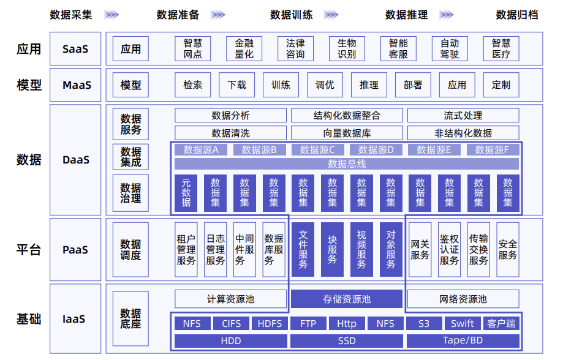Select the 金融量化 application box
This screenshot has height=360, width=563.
pos(244,49)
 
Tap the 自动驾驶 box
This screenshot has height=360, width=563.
pos(449,49)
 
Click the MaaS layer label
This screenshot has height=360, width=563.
pos(77,85)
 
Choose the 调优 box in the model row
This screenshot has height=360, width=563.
pos(325,85)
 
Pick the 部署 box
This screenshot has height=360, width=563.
pos(413,85)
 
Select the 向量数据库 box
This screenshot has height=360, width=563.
pos(346,133)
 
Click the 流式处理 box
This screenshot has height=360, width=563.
pos(463,115)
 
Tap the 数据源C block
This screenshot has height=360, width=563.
pos(317,149)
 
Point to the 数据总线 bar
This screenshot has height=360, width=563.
pos(347,163)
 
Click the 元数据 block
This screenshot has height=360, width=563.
pos(186,192)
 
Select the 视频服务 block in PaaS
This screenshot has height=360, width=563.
pos(361,249)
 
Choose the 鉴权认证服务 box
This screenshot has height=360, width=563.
pos(449,249)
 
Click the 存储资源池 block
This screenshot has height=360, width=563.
pos(347,299)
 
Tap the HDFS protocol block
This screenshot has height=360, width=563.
pos(270,323)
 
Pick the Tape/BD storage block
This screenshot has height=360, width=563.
pos(463,340)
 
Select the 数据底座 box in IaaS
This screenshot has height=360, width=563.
pos(130,318)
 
